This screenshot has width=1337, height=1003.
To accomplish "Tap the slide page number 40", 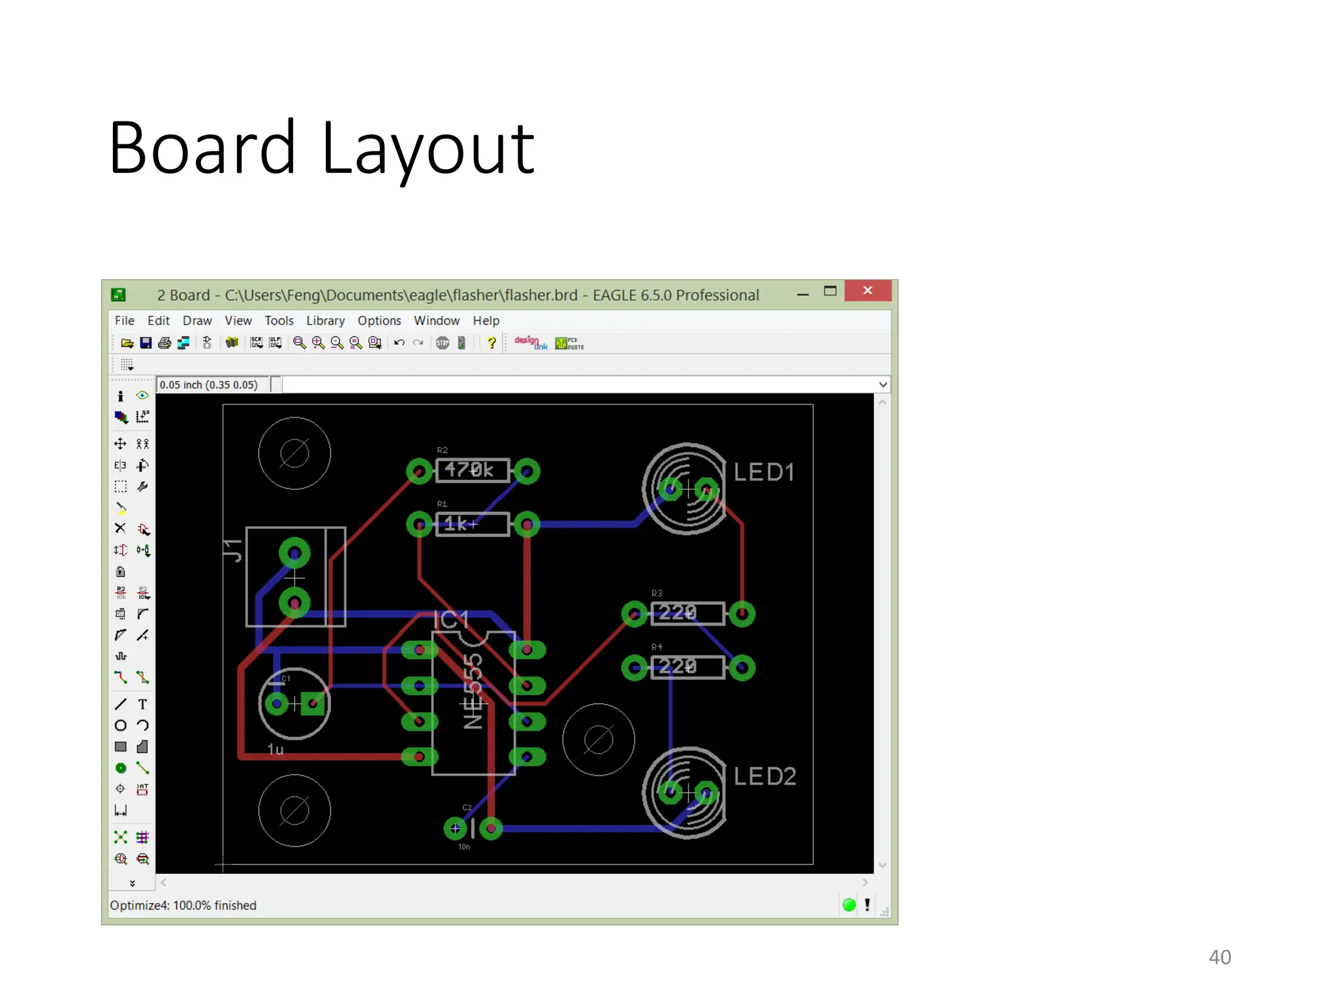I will pos(1219,957).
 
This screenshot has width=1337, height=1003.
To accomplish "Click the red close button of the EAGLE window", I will pos(867,291).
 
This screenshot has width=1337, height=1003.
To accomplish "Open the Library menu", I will pos(325,321).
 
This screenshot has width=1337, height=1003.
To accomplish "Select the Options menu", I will pos(379,321).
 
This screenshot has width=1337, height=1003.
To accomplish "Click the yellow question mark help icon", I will pos(492,343).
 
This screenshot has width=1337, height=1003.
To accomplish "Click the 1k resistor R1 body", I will pos(471,524).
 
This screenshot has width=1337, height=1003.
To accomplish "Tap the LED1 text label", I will pos(764,472).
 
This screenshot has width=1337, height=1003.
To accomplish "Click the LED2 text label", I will pos(764,776).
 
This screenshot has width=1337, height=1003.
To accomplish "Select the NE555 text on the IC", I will pos(473,691).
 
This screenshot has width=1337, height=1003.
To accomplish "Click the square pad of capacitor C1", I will pos(313,703).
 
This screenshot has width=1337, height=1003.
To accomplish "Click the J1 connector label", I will pos(233,550).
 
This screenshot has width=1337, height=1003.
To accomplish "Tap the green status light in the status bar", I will pos(849,905).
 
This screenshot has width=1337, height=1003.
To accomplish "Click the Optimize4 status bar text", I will pos(183,906).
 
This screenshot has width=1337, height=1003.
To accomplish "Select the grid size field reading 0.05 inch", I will pos(210,385).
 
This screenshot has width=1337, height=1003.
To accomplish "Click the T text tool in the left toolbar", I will pos(142,704).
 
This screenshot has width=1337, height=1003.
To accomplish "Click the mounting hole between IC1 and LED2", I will pos(598,740).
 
